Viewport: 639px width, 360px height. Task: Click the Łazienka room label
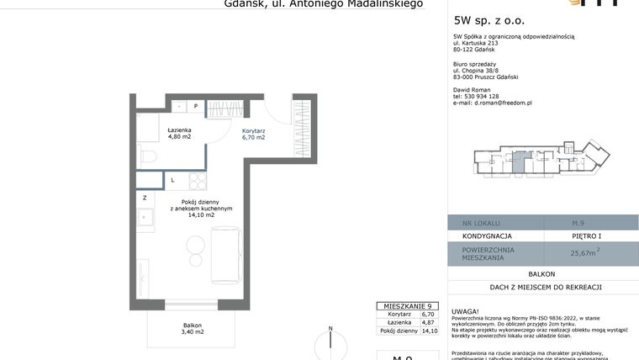[x=179, y=130]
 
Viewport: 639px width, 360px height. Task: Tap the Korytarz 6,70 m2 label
[x=253, y=133]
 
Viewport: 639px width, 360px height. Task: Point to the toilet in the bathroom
[x=146, y=156]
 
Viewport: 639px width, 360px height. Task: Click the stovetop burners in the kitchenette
[x=198, y=181]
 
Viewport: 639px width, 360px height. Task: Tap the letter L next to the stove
[x=172, y=180]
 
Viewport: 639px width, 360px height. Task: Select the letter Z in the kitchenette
[x=145, y=198]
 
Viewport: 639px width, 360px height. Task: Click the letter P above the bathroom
[x=195, y=107]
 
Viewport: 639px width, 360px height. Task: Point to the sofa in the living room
[x=224, y=253]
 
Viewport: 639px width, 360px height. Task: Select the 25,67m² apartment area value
[x=584, y=252]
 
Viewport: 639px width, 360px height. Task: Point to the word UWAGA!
[x=465, y=310]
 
